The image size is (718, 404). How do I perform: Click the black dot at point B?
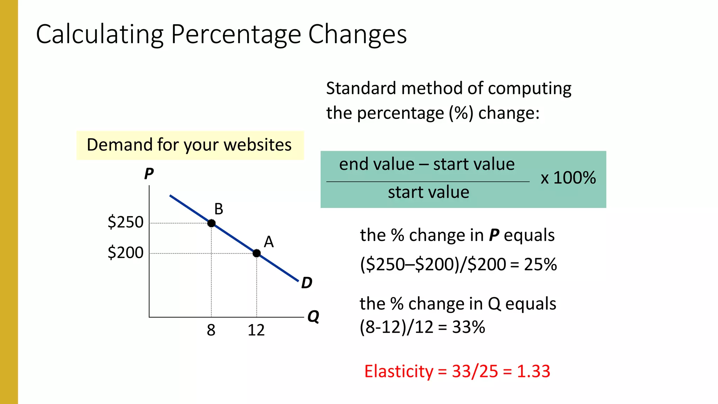(x=211, y=223)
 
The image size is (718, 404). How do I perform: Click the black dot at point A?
(x=257, y=253)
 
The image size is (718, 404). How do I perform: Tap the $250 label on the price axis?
(x=126, y=222)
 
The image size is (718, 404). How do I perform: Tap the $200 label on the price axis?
(x=126, y=252)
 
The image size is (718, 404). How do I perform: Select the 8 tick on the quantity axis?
(x=211, y=330)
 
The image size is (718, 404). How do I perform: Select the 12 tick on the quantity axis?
(x=256, y=330)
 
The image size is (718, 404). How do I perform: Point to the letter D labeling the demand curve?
(x=307, y=283)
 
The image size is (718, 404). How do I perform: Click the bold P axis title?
(x=149, y=174)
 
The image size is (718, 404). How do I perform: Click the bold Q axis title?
(x=313, y=316)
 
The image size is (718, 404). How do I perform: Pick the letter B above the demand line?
(x=219, y=209)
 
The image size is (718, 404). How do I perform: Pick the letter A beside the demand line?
(x=269, y=242)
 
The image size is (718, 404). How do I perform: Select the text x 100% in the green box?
(x=568, y=178)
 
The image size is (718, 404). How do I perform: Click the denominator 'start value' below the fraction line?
(x=428, y=192)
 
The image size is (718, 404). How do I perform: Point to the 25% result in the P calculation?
(x=540, y=264)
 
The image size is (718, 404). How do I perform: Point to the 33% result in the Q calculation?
(x=468, y=327)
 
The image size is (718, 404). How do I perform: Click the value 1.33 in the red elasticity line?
(x=533, y=371)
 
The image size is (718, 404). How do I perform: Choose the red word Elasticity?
(x=399, y=371)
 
